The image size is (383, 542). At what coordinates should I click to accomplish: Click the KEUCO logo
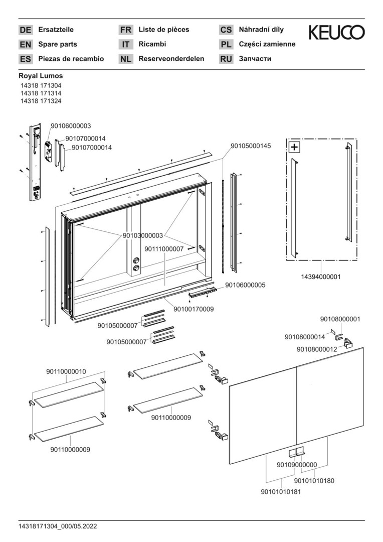click(336, 33)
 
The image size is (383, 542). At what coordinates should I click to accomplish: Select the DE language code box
click(25, 30)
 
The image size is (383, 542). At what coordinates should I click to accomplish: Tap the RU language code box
click(226, 59)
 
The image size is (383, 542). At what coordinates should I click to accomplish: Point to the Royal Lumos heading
click(41, 76)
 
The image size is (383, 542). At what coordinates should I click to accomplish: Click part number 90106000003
click(71, 126)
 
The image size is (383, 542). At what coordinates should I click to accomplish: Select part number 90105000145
click(251, 146)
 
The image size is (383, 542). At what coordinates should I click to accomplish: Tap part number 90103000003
click(143, 235)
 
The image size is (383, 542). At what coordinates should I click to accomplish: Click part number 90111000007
click(164, 248)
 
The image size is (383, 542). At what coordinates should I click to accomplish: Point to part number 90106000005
click(245, 285)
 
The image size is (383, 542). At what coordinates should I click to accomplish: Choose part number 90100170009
click(194, 309)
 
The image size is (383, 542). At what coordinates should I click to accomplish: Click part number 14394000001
click(321, 277)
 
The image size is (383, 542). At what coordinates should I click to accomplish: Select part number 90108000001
click(340, 319)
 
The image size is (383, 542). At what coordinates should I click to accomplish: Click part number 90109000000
click(297, 465)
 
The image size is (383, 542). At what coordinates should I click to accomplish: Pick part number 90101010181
click(281, 492)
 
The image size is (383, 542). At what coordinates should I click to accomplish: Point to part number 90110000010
click(66, 371)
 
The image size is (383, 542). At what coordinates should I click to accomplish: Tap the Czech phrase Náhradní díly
click(261, 30)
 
